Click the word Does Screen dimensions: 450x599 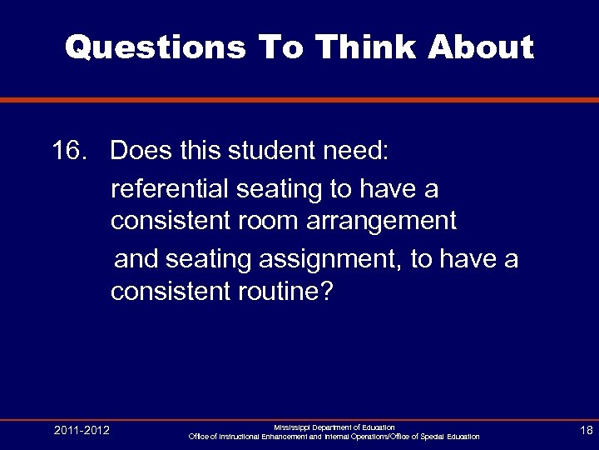point(141,152)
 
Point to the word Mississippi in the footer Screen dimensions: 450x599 point(291,427)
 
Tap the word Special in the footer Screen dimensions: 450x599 point(431,437)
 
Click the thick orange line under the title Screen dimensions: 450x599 point(299,100)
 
